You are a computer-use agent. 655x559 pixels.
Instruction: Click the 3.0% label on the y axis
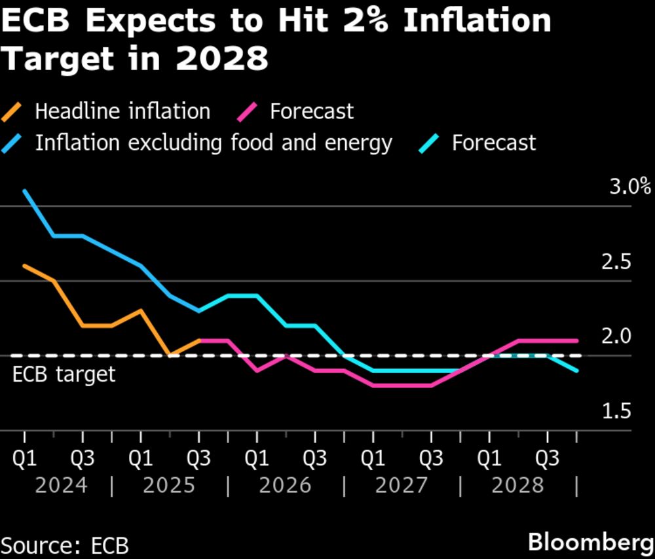630,187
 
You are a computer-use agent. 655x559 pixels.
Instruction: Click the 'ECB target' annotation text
64,374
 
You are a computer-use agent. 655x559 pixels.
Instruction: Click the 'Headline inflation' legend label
122,111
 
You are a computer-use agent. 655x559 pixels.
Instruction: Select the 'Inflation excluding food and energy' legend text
214,143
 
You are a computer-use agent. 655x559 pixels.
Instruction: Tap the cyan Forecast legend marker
430,143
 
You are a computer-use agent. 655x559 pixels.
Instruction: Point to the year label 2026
285,486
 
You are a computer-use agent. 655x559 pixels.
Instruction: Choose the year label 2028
517,486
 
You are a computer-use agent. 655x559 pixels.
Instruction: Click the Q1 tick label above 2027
373,459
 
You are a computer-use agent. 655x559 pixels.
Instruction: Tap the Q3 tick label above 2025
198,459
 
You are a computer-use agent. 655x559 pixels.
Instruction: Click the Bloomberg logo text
589,542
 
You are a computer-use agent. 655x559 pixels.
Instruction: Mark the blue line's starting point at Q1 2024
24,191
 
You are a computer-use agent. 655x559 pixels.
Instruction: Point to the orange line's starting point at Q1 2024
24,266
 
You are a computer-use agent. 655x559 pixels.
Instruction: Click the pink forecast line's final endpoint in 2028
576,340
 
